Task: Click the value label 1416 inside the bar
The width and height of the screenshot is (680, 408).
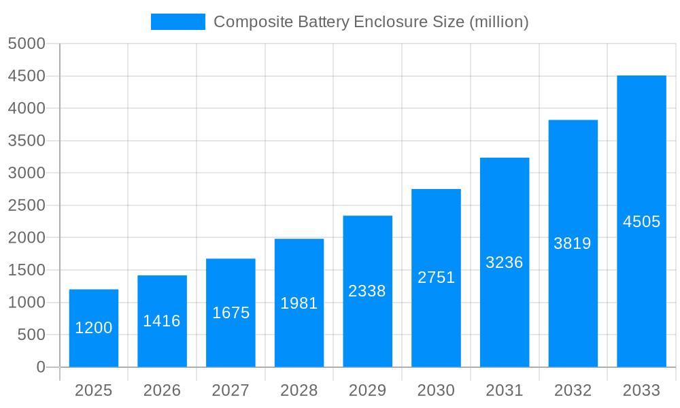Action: click(162, 321)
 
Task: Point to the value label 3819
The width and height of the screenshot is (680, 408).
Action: click(573, 243)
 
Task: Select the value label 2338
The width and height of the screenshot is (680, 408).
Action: click(367, 291)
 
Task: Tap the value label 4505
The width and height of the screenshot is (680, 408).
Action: click(641, 222)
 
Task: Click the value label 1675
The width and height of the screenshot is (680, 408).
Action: click(231, 313)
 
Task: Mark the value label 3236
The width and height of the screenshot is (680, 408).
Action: click(504, 262)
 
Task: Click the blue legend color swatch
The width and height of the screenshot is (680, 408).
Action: click(177, 22)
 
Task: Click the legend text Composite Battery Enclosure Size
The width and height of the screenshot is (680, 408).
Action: click(371, 22)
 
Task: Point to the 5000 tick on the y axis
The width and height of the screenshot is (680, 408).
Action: click(27, 44)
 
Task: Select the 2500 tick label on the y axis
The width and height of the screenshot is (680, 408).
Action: click(27, 205)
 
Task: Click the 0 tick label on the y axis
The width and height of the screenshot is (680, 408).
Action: click(40, 367)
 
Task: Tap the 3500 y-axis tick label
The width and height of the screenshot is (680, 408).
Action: click(27, 141)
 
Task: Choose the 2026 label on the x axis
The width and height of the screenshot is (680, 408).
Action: click(162, 390)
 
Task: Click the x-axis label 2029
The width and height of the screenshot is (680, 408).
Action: click(367, 390)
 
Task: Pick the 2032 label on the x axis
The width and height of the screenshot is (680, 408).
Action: click(573, 390)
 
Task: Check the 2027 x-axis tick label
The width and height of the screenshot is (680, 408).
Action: click(231, 390)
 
